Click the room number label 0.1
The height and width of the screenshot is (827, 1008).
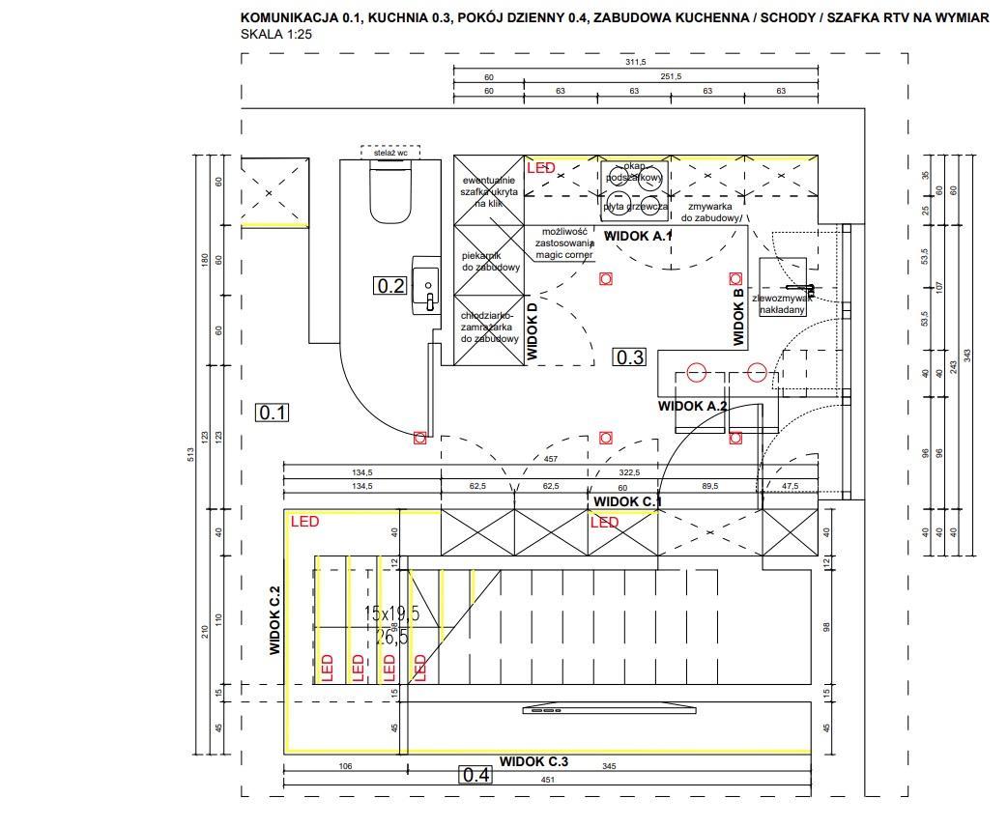point(273,413)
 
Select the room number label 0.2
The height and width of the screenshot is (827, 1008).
point(390,285)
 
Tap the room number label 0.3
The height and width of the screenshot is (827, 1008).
point(629,357)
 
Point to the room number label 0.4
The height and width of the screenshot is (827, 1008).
point(475,774)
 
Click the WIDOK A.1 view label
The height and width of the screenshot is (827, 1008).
point(637,236)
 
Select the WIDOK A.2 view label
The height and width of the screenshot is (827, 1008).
point(692,406)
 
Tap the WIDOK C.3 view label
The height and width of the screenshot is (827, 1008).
point(533,761)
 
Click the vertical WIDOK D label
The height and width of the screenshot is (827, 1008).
point(532,331)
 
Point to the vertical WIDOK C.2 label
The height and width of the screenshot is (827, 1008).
point(274,620)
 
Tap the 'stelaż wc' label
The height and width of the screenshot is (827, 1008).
point(390,153)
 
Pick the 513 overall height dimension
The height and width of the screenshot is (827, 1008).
point(190,454)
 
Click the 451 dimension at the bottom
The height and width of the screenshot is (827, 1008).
point(547,780)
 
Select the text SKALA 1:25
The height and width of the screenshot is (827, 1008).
point(275,34)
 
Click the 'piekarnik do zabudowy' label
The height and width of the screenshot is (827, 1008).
point(491,261)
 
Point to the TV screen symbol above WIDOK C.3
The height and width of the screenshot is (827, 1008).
point(610,710)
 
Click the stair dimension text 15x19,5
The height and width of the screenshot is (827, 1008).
point(391,613)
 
